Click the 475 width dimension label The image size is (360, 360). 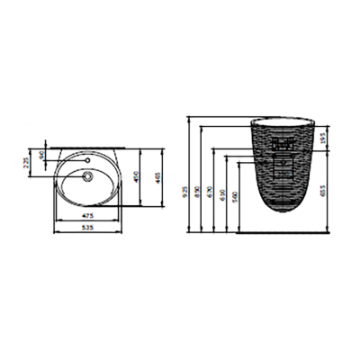click(89, 217)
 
